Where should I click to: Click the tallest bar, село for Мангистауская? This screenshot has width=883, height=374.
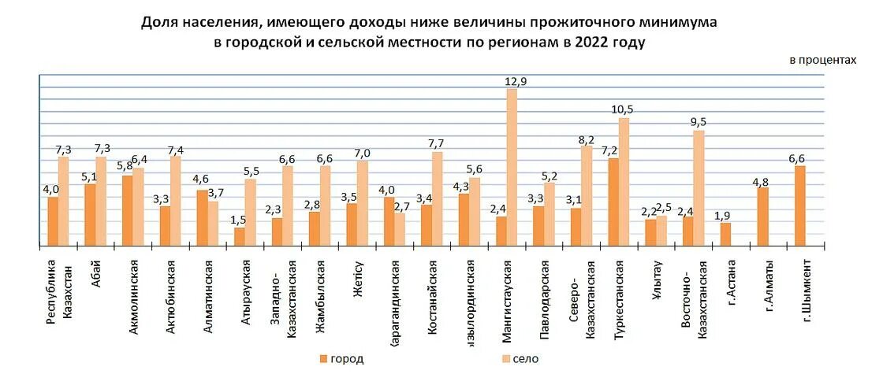[512, 167]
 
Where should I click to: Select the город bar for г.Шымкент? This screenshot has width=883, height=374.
[800, 206]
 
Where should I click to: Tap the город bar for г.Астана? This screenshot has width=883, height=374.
[725, 235]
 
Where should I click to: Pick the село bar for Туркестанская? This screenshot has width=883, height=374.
[624, 182]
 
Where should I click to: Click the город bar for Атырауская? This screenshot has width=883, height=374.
[240, 237]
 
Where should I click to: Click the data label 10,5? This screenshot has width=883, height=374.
[624, 110]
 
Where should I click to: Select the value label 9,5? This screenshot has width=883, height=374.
[699, 122]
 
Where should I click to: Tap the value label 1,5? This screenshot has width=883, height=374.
[238, 220]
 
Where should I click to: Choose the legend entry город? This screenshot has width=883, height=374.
[341, 359]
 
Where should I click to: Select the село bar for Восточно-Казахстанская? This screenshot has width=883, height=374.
[699, 188]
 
